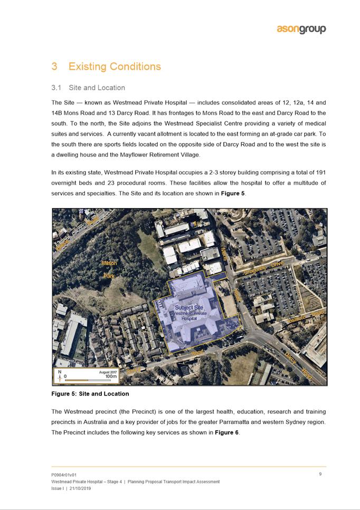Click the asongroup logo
(x=301, y=29)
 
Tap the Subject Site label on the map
(x=188, y=307)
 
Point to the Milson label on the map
(x=109, y=263)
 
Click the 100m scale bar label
(x=111, y=377)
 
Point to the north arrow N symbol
(x=59, y=372)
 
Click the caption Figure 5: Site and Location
(x=90, y=394)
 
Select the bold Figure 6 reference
(x=227, y=432)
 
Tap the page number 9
(x=320, y=474)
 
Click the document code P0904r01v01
(x=68, y=475)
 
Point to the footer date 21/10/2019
(x=80, y=488)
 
